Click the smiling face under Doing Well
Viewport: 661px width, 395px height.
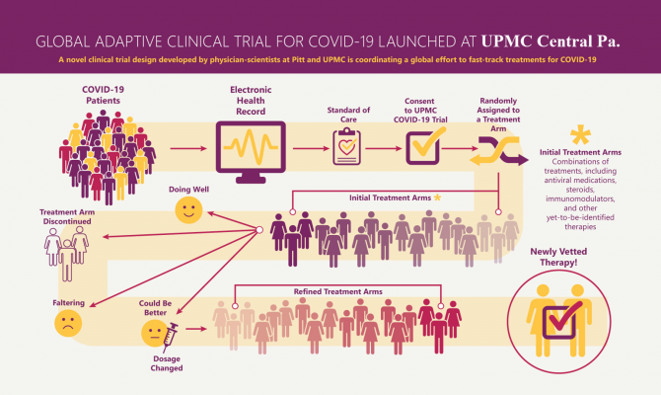point(187,209)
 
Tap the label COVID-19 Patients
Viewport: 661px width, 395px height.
point(101,96)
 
